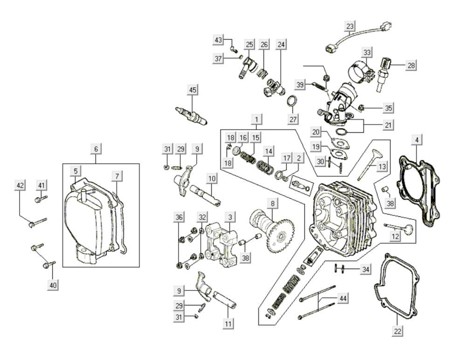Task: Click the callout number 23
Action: [350, 25]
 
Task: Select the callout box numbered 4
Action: [417, 140]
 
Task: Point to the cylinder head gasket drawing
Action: [419, 191]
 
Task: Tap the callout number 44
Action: [343, 298]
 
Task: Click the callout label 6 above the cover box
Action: [96, 149]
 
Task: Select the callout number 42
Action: [20, 186]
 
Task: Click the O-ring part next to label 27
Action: [293, 101]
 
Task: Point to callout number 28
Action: [411, 65]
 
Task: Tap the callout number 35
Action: [388, 108]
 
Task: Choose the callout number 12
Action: [395, 237]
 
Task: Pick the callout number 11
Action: [228, 323]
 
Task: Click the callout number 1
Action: [256, 120]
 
